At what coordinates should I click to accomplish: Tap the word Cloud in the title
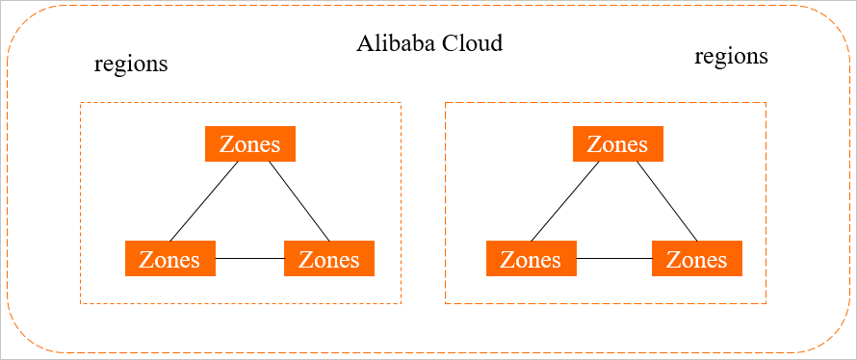(x=472, y=44)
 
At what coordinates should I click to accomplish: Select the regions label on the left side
(x=131, y=64)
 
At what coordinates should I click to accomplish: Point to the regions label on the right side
(x=731, y=56)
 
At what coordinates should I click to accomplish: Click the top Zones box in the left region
(x=250, y=144)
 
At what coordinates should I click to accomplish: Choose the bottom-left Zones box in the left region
(x=169, y=259)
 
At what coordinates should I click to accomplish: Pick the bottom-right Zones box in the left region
(x=329, y=259)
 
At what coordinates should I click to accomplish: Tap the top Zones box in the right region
(x=617, y=144)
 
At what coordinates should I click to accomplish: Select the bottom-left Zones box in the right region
(x=532, y=259)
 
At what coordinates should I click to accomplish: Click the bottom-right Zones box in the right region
(x=697, y=259)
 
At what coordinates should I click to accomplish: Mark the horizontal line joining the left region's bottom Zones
(x=249, y=259)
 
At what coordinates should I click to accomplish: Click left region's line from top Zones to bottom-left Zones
(x=204, y=201)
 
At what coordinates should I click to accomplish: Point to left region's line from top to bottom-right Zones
(x=299, y=201)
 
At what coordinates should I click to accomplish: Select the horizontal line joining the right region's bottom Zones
(x=614, y=259)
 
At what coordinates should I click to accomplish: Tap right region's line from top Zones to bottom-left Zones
(x=565, y=201)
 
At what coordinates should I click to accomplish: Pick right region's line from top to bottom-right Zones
(x=666, y=201)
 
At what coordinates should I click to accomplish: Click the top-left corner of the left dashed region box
(x=81, y=102)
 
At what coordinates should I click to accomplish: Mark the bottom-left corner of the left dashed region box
(x=81, y=303)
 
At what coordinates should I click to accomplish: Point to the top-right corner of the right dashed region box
(x=766, y=102)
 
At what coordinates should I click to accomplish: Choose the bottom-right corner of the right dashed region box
(x=766, y=303)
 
